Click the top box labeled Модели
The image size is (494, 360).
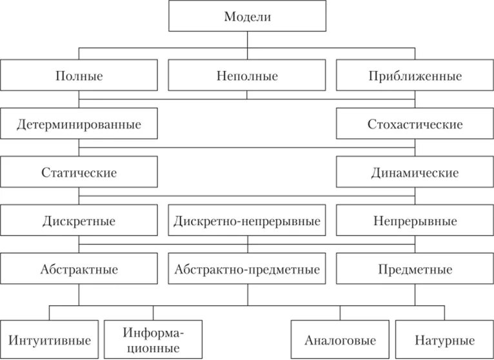(247, 17)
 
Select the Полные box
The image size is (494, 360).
(79, 76)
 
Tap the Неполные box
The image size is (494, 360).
(247, 76)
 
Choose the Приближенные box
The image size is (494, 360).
(415, 76)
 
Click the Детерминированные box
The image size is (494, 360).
(79, 124)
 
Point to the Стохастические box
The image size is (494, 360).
(415, 124)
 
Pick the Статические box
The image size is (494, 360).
(79, 173)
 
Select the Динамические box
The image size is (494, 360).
(415, 173)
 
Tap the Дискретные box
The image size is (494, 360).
(79, 221)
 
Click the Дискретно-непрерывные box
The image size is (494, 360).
(247, 221)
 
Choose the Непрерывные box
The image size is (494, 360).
(415, 221)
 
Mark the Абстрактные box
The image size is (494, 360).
(79, 270)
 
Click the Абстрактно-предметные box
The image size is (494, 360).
(247, 270)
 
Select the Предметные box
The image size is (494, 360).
(415, 270)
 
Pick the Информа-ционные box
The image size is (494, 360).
(152, 339)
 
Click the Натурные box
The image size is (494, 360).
(443, 339)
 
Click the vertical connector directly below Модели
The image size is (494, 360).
(247, 39)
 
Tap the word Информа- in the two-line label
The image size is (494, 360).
(153, 333)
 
